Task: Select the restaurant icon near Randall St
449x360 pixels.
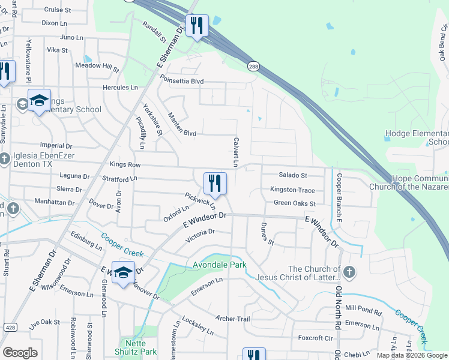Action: pos(197,26)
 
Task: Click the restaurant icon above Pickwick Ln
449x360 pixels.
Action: pos(215,182)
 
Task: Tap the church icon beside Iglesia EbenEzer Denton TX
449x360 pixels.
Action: pos(4,158)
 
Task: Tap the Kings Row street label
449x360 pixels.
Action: pos(125,164)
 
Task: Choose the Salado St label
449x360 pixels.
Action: pos(293,175)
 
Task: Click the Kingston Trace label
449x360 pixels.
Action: pos(292,190)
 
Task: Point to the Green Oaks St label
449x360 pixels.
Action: pos(295,203)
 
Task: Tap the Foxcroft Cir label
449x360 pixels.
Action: pos(315,338)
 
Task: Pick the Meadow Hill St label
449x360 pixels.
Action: pos(97,66)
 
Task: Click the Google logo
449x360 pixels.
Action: pos(20,353)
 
